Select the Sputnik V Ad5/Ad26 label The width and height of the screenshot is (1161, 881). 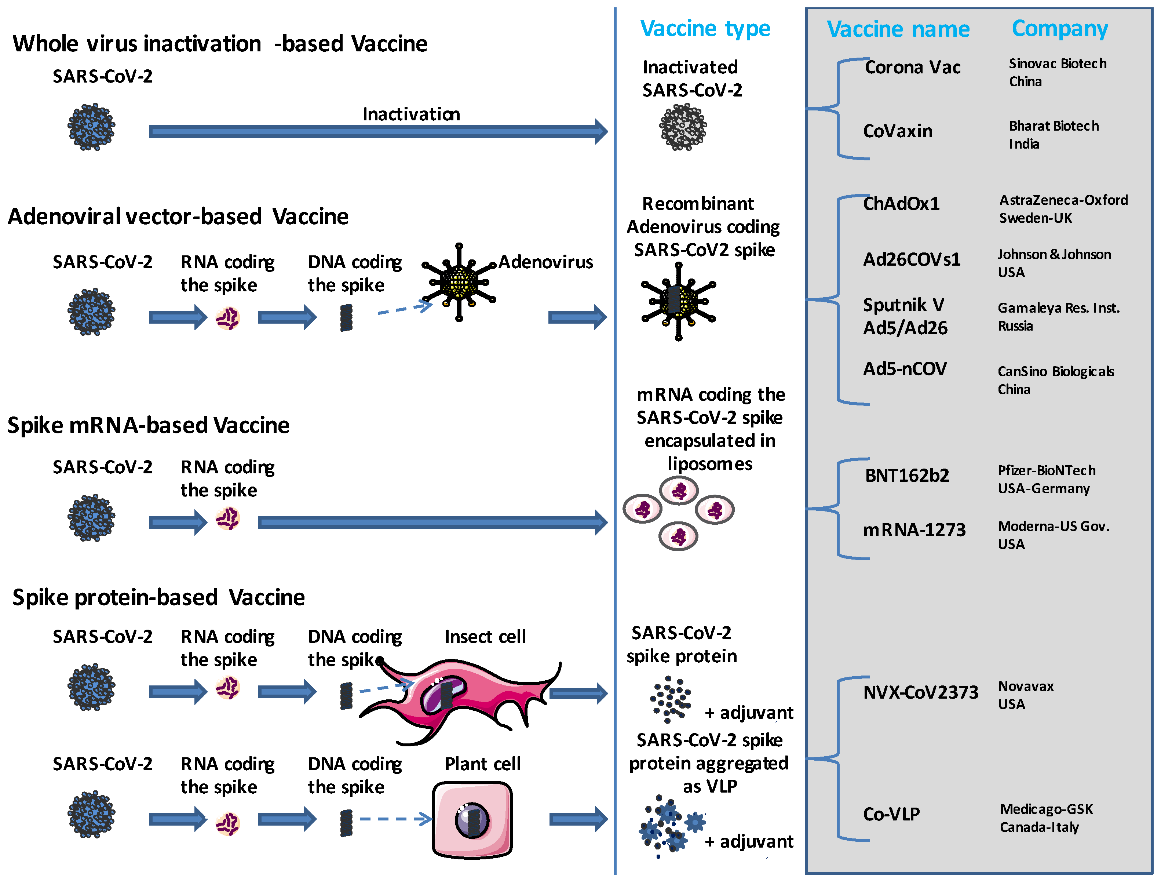[x=905, y=316]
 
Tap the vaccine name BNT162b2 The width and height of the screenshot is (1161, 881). [x=907, y=475]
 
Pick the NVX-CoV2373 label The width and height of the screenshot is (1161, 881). [x=921, y=692]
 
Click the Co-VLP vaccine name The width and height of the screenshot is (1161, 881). [x=891, y=814]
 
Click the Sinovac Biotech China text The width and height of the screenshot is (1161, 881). [x=1057, y=72]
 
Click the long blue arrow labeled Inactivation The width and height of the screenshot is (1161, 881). [x=378, y=131]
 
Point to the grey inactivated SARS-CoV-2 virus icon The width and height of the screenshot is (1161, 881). [x=683, y=127]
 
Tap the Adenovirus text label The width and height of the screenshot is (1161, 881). [x=546, y=262]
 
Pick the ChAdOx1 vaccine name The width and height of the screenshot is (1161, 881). [x=901, y=203]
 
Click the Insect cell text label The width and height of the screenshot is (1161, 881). [x=485, y=636]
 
